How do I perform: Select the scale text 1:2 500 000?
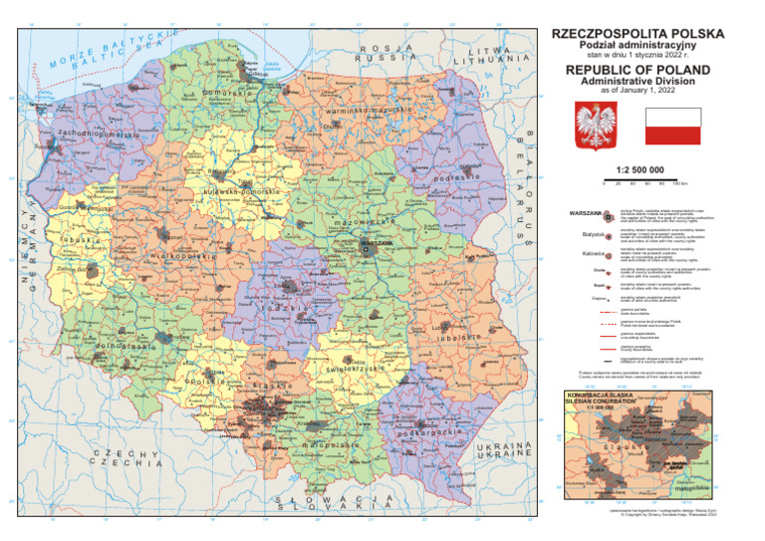639,170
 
